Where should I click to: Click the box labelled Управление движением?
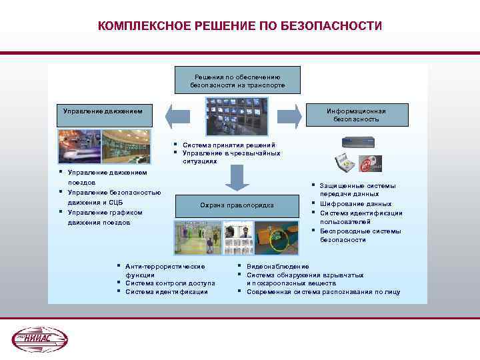click(104, 114)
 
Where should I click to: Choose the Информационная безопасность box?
click(356, 115)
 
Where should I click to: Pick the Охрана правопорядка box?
click(237, 204)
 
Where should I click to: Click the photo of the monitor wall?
click(237, 118)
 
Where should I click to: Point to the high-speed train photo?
click(79, 146)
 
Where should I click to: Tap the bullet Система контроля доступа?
click(169, 283)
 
